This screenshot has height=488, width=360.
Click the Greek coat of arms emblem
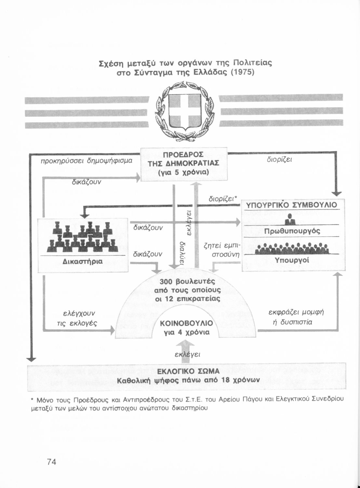click(184, 112)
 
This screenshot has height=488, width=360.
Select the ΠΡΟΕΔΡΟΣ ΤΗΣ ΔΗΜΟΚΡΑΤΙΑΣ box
click(184, 163)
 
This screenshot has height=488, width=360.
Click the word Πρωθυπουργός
click(292, 231)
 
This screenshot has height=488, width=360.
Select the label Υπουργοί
click(292, 260)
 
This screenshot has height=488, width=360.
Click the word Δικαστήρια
click(83, 261)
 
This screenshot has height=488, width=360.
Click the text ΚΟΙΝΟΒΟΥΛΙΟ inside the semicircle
click(187, 323)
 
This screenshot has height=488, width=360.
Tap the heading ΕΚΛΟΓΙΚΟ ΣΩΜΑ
click(188, 371)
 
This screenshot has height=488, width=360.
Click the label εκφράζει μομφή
click(296, 312)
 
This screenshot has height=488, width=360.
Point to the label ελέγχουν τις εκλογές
click(79, 318)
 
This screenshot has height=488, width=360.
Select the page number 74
click(51, 462)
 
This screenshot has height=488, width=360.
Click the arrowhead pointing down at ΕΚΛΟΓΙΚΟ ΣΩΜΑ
click(31, 359)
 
